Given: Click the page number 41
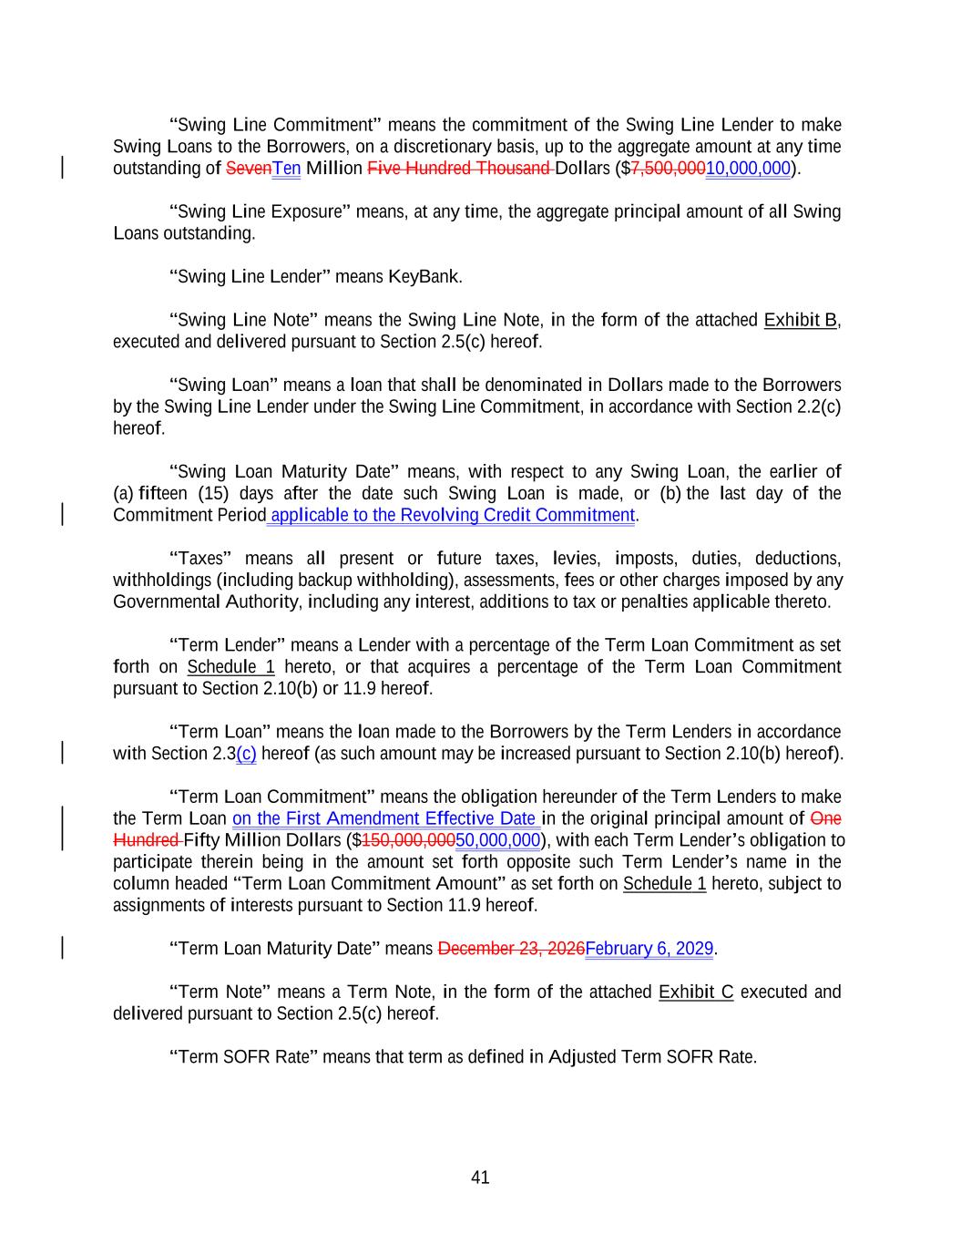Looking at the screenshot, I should coord(480,1177).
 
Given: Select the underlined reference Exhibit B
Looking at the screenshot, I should coord(800,320).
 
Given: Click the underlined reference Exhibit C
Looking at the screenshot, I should coord(695,992).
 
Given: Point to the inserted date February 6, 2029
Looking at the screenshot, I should coord(649,949).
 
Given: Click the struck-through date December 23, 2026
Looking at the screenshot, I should coord(511,949).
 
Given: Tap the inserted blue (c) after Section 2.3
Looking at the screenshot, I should coord(246,754).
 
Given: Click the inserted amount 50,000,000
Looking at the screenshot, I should coord(497,840).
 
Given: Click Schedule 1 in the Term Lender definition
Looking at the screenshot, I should coord(230,667).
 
